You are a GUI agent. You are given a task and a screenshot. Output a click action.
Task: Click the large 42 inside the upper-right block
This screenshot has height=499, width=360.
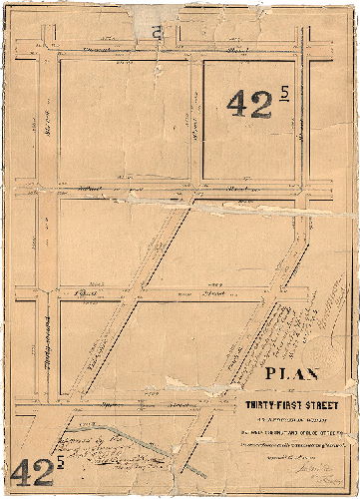(249, 103)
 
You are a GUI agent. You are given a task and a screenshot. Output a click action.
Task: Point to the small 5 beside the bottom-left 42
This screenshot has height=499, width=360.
(62, 461)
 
